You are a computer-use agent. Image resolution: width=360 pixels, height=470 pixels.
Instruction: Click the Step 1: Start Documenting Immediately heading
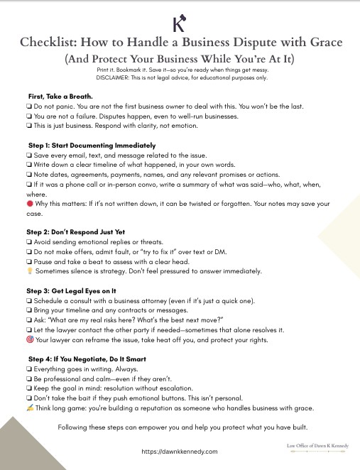(91, 145)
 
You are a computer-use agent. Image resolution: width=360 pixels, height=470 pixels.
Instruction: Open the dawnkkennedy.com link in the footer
(179, 452)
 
